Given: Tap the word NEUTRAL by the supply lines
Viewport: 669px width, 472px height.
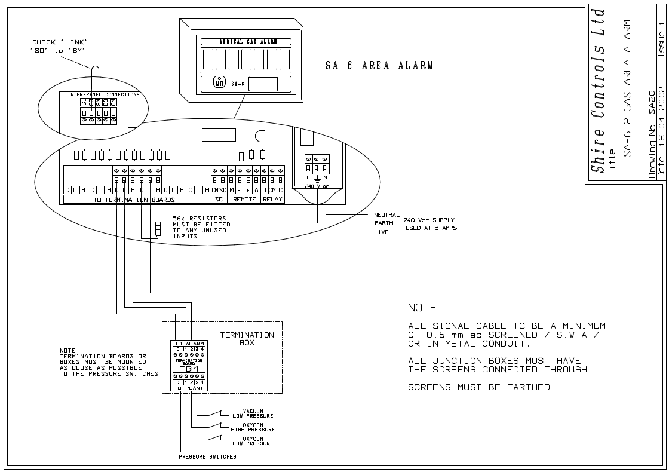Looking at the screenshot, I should tap(386, 215).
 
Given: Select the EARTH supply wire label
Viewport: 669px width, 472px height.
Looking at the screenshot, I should tap(383, 223).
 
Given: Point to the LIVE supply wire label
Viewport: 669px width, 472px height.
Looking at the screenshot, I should tap(381, 232).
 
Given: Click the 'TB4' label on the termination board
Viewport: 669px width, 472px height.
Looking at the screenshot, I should tap(189, 369).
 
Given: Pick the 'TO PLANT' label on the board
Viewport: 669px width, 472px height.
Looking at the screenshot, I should tap(189, 388).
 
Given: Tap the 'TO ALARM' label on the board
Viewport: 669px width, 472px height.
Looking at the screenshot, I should tap(189, 344).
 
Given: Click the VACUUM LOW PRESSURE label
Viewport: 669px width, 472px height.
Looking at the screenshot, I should tap(253, 413).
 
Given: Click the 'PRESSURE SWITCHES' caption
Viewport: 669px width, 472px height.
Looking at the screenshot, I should tap(207, 457).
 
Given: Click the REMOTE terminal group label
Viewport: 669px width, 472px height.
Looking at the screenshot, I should tap(244, 199).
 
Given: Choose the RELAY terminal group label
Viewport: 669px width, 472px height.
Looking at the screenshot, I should tap(272, 199).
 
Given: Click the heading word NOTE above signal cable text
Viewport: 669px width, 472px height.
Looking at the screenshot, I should tap(422, 308).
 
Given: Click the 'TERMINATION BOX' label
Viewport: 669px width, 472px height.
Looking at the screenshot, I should tap(247, 339).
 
